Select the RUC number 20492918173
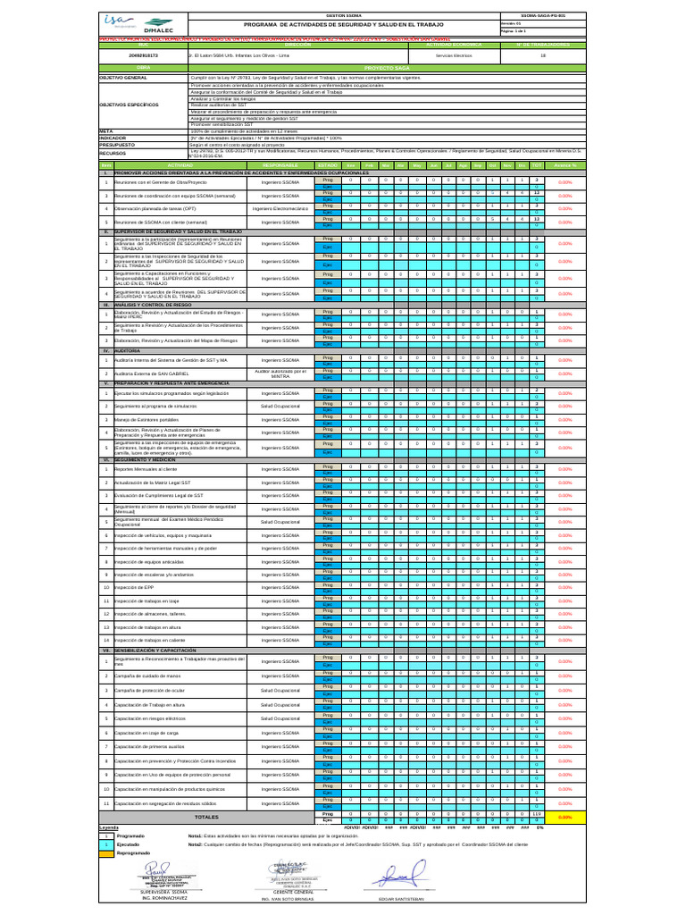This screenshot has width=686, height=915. [143, 55]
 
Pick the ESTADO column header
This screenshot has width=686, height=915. [327, 165]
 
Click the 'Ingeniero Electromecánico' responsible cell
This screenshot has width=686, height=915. [280, 208]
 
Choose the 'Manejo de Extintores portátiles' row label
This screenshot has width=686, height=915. [154, 418]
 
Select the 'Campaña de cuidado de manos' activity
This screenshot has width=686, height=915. [154, 676]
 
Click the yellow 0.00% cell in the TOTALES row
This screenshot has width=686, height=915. [564, 817]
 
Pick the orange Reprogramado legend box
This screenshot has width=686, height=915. [105, 852]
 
